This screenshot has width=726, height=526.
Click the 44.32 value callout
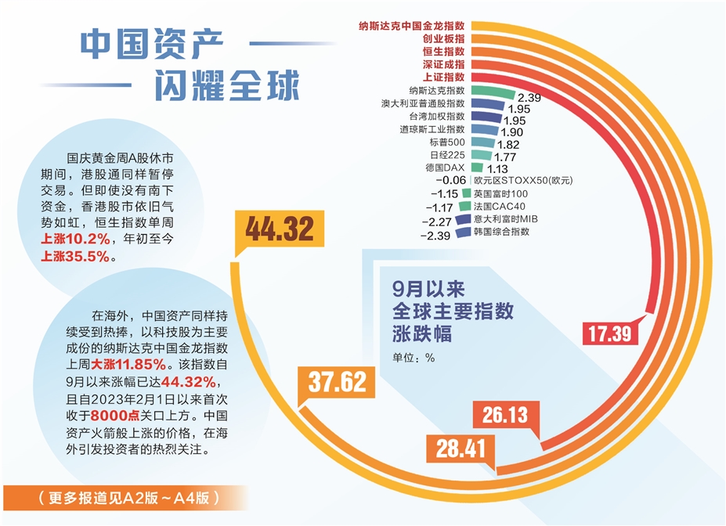pyautogui.click(x=279, y=229)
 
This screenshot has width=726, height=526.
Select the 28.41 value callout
pyautogui.click(x=461, y=449)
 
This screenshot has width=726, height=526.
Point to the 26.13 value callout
pyautogui.click(x=505, y=415)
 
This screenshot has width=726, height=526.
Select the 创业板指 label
pyautogui.click(x=443, y=37)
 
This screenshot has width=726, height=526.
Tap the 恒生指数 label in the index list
pyautogui.click(x=443, y=50)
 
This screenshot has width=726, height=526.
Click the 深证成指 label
pyautogui.click(x=443, y=63)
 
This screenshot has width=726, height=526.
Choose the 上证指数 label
pyautogui.click(x=443, y=77)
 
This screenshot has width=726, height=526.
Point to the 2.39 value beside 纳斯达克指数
pyautogui.click(x=530, y=98)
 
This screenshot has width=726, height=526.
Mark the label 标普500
pyautogui.click(x=447, y=142)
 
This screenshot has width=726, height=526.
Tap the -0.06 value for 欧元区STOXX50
pyautogui.click(x=449, y=180)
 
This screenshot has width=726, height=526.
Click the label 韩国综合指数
pyautogui.click(x=502, y=232)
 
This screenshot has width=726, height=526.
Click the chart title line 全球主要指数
pyautogui.click(x=453, y=311)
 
